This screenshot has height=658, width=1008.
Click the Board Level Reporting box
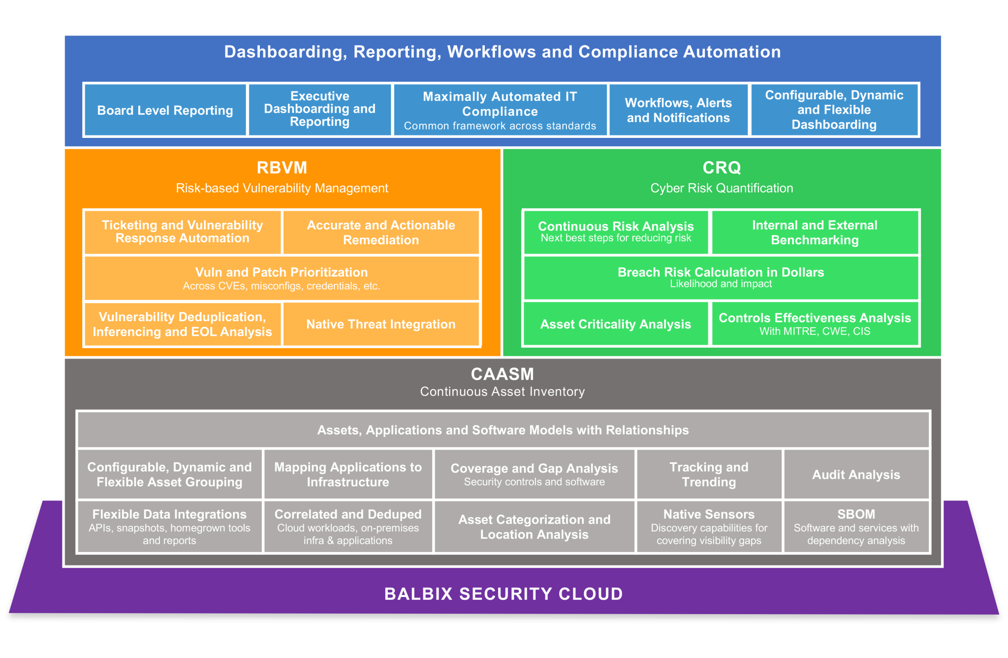[x=165, y=110]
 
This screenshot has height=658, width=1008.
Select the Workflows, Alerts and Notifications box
[x=678, y=110]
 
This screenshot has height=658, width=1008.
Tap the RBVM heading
[x=282, y=168]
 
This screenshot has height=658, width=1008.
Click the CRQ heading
[x=722, y=168]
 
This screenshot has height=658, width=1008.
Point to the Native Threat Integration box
[x=381, y=324]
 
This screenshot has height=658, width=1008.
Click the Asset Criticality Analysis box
[x=615, y=324]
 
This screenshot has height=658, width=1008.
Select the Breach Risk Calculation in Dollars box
[x=721, y=277]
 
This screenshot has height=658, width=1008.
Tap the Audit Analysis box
[x=856, y=474]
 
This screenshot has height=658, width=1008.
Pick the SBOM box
[x=856, y=526]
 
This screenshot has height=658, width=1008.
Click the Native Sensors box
[x=709, y=526]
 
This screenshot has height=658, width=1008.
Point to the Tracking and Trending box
[x=709, y=474]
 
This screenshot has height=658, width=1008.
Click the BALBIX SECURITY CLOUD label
[x=504, y=594]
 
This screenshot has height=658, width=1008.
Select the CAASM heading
[x=502, y=374]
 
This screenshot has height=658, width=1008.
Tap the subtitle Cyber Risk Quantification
[x=722, y=188]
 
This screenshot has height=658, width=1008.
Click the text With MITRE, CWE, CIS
[x=815, y=331]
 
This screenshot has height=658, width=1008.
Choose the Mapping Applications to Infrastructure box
[x=348, y=474]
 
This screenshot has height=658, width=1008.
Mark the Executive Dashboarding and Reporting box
[x=319, y=109]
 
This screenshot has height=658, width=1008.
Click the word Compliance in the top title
[x=628, y=52]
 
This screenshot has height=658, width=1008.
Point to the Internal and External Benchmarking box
[x=815, y=232]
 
